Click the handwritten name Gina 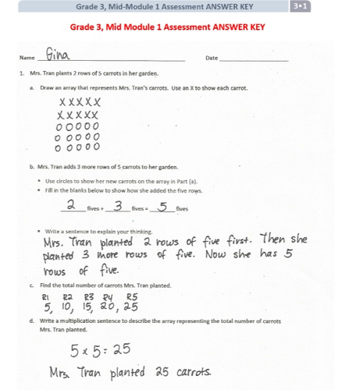coord(58,56)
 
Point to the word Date coord(211,59)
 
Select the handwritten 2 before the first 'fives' coord(70,206)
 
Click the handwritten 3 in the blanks coord(117,206)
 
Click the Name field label coord(27,59)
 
